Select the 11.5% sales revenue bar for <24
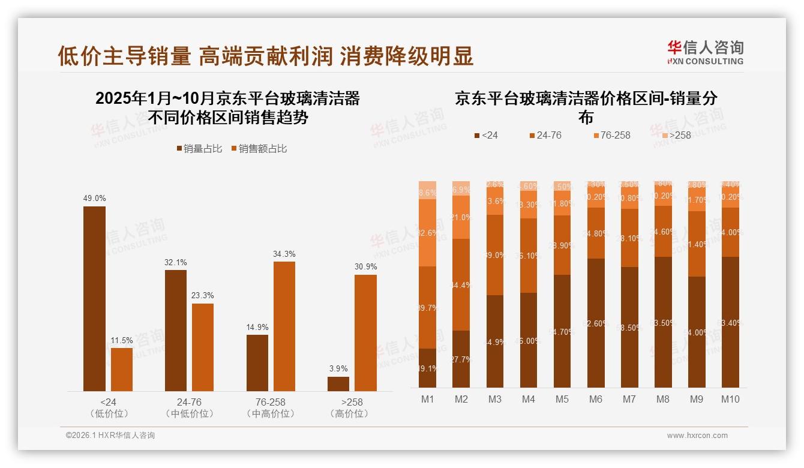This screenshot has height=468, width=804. tap(122, 370)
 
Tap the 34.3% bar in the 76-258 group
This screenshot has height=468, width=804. tap(284, 326)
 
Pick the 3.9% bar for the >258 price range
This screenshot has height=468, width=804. tap(338, 384)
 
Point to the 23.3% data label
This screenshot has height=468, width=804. tap(203, 295)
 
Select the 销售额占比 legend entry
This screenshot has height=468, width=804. tap(259, 149)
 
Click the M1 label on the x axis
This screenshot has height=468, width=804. tap(428, 399)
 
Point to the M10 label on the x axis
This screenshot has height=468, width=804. tap(730, 399)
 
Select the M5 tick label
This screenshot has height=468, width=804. tap(562, 399)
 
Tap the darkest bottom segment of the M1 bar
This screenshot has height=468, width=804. tap(428, 368)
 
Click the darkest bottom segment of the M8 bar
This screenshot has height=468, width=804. tap(663, 322)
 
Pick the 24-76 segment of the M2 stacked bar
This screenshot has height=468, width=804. tap(461, 284)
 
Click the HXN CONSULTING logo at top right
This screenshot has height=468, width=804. tap(705, 52)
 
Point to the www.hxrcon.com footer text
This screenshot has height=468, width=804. tap(697, 436)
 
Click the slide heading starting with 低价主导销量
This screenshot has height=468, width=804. tap(265, 56)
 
